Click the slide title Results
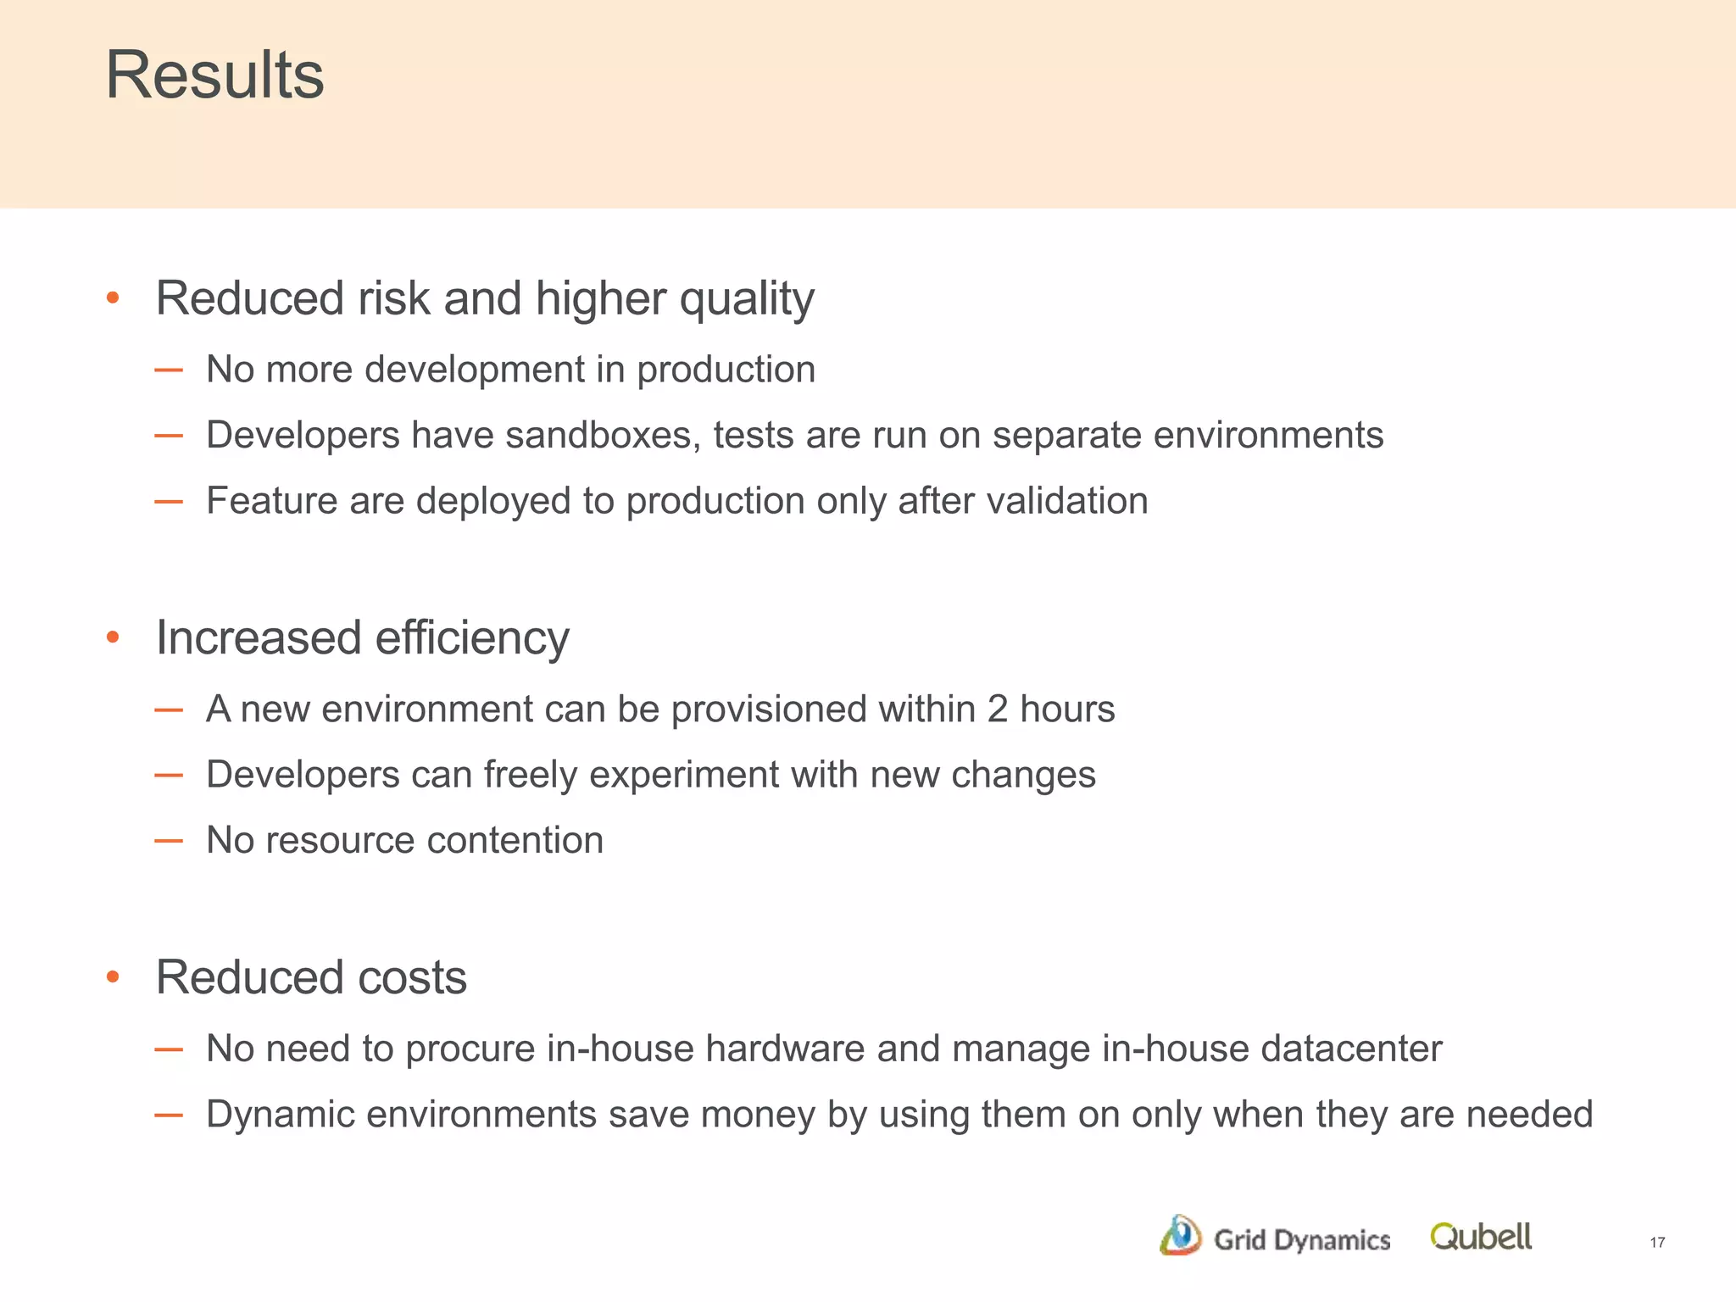click(x=214, y=75)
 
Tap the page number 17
click(x=1657, y=1243)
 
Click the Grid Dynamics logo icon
click(x=1180, y=1235)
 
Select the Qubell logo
click(x=1481, y=1237)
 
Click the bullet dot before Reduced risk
click(x=113, y=298)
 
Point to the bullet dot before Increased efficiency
click(x=113, y=637)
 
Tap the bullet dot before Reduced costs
click(x=113, y=977)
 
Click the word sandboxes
click(x=603, y=435)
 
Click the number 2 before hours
click(x=997, y=709)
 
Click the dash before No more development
click(x=169, y=370)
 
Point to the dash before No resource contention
click(x=169, y=841)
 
